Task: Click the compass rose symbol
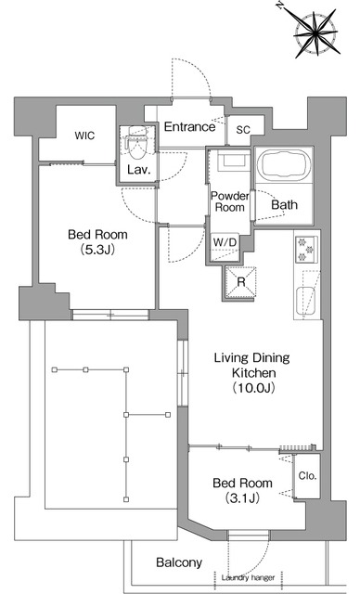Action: [315, 33]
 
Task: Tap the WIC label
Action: [84, 136]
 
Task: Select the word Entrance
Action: [189, 126]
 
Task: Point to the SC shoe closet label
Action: [243, 130]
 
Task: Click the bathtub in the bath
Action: [284, 163]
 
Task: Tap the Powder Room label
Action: [230, 201]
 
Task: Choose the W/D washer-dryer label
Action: [225, 242]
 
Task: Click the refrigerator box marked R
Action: [240, 282]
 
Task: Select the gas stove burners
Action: [306, 249]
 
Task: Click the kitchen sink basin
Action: [305, 301]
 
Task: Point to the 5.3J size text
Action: [97, 250]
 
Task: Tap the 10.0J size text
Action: [253, 388]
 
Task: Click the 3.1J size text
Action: [242, 497]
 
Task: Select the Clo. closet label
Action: [307, 475]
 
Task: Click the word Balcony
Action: [179, 562]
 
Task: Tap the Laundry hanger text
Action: [248, 577]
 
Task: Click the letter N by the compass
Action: [280, 6]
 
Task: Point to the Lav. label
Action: [139, 170]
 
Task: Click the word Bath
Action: [284, 205]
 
